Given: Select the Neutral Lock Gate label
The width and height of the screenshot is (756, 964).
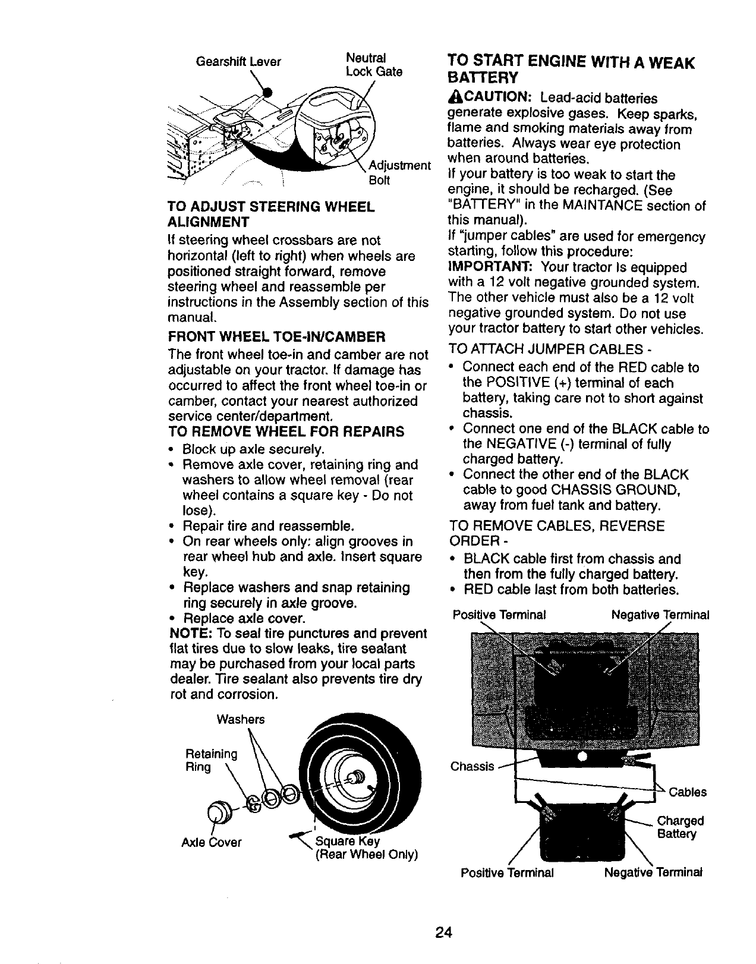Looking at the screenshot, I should pyautogui.click(x=374, y=65).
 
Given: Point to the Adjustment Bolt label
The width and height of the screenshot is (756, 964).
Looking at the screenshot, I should pyautogui.click(x=399, y=172).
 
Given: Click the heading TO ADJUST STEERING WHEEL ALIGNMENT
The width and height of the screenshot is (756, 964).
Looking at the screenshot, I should pyautogui.click(x=271, y=215).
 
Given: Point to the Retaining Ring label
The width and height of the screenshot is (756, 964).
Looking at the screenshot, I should pyautogui.click(x=211, y=761).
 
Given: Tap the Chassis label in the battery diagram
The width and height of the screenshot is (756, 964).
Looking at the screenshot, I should pyautogui.click(x=472, y=767).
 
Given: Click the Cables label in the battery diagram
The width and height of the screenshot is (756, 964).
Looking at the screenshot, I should pyautogui.click(x=688, y=792).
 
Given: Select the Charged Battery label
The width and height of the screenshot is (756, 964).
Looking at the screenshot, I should pyautogui.click(x=680, y=828).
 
